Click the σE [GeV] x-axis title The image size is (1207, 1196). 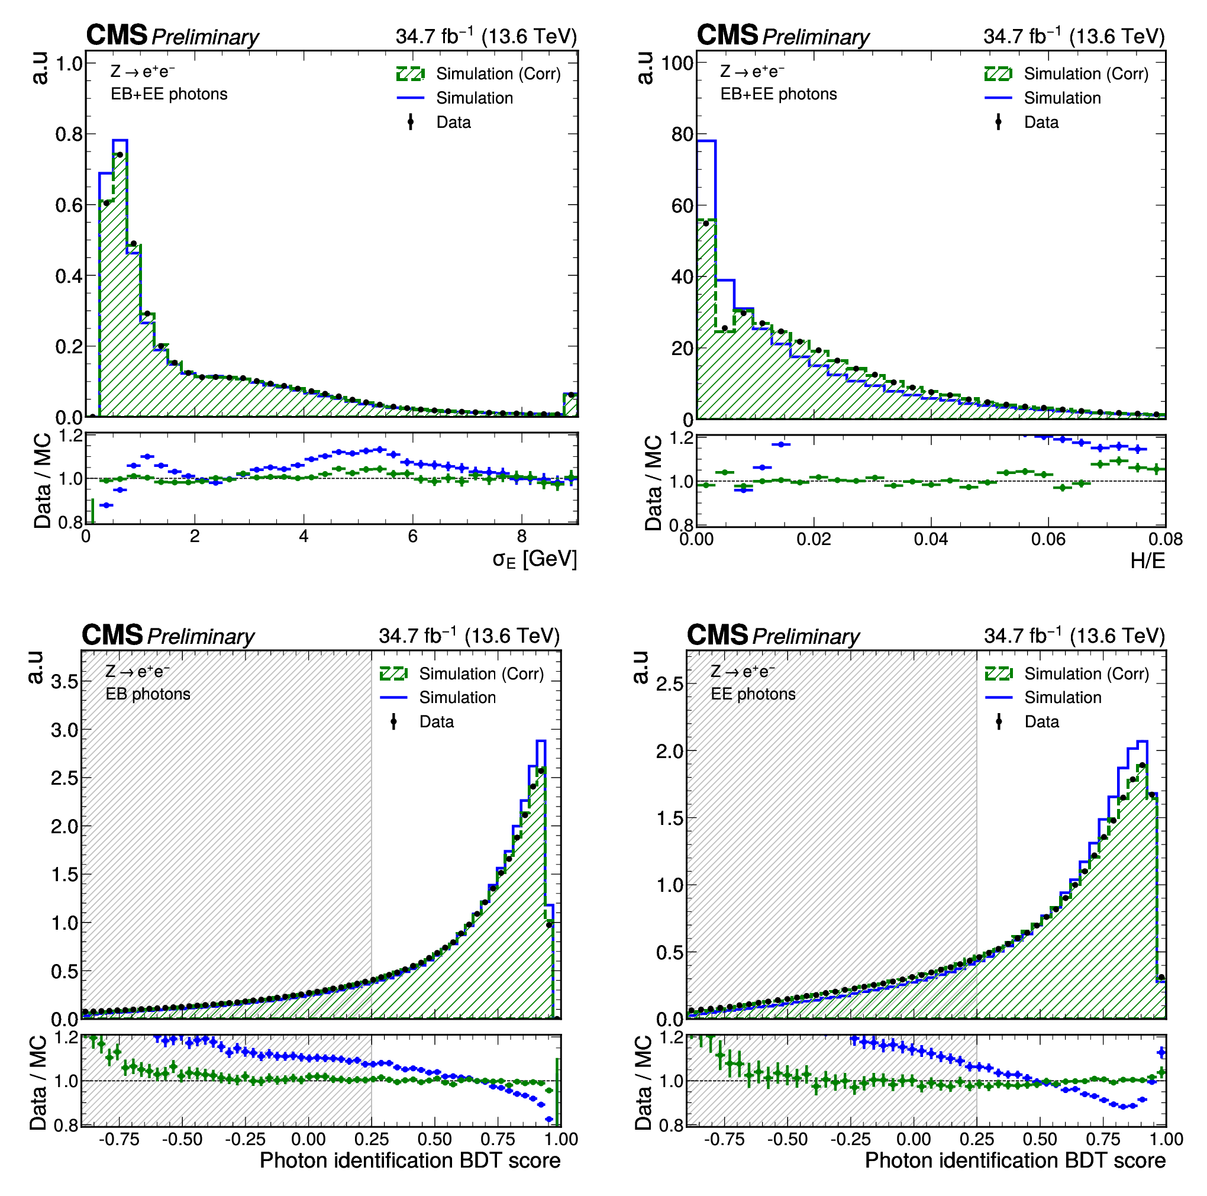pos(534,559)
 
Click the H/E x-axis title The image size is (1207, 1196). pos(1148,560)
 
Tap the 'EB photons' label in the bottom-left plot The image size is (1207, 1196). pos(148,694)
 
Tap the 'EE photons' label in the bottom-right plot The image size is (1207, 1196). pos(753,694)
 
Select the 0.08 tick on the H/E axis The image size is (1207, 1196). pos(1165,539)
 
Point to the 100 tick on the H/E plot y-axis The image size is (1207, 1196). pos(677,63)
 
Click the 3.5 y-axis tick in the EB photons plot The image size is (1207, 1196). pos(64,681)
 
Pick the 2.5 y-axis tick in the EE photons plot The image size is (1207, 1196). pos(670,684)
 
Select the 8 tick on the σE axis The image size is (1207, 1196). pos(522,537)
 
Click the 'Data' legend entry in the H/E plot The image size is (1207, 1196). pos(1041,122)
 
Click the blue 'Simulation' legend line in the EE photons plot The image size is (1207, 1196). pos(998,697)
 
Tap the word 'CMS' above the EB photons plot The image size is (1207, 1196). pos(112,635)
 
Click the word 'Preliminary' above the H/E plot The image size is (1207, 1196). pos(816,37)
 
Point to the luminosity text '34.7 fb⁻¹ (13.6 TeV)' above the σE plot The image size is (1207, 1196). pos(486,36)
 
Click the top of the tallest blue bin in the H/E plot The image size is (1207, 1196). pos(706,141)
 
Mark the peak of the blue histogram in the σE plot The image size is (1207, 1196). pos(120,140)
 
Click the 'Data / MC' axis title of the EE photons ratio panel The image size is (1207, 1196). pos(644,1082)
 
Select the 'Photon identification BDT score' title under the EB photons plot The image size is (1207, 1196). pos(410,1160)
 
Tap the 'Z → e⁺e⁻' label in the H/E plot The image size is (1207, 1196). pos(752,71)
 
